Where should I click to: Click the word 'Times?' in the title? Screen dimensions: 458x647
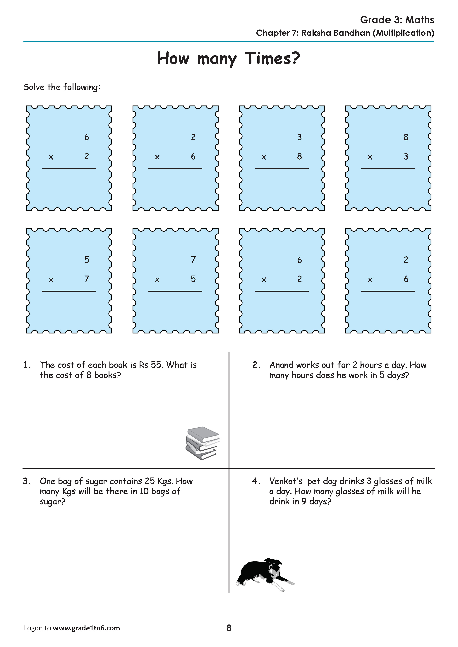point(272,58)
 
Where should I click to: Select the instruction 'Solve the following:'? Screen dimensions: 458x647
point(62,87)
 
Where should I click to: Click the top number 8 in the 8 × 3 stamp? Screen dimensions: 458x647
point(406,137)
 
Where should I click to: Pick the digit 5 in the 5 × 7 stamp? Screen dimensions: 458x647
point(87,260)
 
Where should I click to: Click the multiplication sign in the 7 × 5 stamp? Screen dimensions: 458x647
point(157,280)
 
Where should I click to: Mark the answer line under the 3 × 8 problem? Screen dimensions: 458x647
point(282,169)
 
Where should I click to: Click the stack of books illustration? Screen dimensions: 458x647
point(203,443)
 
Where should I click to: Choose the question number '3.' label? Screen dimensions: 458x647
point(27,481)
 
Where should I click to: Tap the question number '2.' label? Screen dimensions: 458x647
point(256,365)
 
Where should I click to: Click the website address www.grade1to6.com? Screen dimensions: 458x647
point(86,628)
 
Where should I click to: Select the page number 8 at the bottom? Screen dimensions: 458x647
point(229,628)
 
